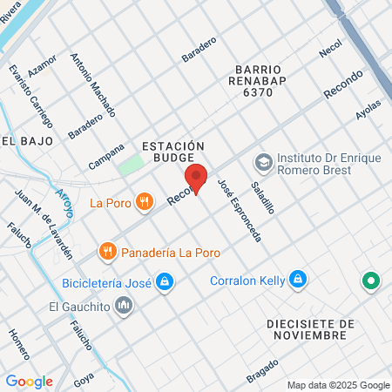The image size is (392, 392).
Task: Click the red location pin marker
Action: [197, 177]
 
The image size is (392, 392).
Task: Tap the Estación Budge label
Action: [172, 152]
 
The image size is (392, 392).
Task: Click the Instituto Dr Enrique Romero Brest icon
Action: [262, 163]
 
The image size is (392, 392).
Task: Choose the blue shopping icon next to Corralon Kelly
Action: [298, 280]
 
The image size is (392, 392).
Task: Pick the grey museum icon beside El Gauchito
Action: [124, 306]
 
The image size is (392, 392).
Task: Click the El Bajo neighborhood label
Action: [28, 140]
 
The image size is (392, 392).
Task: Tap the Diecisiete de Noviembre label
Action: [310, 330]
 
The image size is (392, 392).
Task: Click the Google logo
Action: [29, 381]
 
